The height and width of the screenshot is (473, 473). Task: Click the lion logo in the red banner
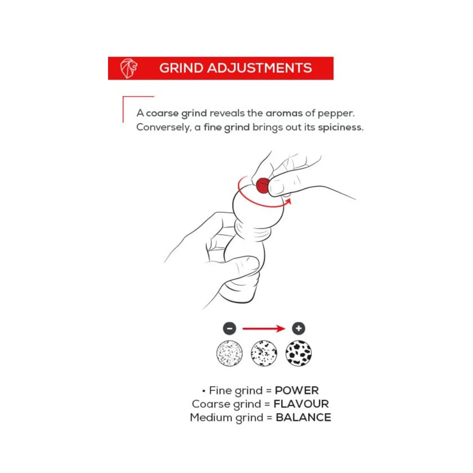(x=128, y=68)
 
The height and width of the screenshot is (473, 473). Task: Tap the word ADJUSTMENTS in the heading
(x=259, y=68)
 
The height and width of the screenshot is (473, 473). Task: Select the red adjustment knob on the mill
(x=262, y=184)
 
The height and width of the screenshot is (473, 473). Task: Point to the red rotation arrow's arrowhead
(x=289, y=201)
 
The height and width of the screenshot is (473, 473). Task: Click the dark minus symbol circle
(x=229, y=328)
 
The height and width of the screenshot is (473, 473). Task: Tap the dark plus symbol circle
(x=298, y=328)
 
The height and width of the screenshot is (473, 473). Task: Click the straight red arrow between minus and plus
(x=264, y=328)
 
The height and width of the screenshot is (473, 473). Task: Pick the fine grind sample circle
(x=229, y=353)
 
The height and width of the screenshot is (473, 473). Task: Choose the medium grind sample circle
(x=264, y=353)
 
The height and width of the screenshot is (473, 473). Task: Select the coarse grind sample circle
(x=298, y=353)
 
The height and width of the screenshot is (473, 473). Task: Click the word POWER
(x=296, y=391)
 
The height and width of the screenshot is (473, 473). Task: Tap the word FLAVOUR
(x=301, y=404)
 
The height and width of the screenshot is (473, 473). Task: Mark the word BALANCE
(x=304, y=417)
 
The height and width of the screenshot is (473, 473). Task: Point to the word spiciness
(x=341, y=127)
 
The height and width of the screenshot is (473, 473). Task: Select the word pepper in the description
(x=336, y=114)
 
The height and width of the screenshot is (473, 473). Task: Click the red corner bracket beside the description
(x=123, y=108)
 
